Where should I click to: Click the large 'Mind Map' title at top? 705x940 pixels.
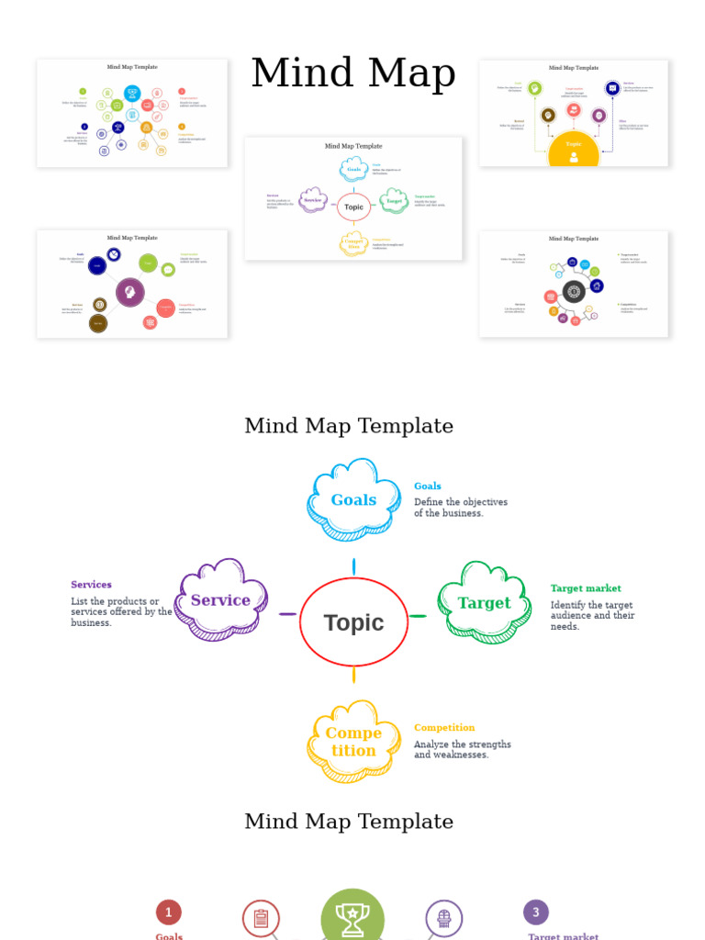(x=353, y=73)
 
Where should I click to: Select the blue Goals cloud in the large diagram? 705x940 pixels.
(x=353, y=500)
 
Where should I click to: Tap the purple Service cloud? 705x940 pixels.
(x=220, y=600)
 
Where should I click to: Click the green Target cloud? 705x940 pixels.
(x=484, y=603)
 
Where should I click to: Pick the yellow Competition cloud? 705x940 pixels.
(x=353, y=742)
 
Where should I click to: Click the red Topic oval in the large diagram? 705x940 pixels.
(x=353, y=622)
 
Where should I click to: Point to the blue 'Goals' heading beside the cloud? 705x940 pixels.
(x=428, y=487)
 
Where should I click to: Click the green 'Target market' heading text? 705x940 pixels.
(x=586, y=588)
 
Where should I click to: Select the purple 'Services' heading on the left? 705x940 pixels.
(x=91, y=585)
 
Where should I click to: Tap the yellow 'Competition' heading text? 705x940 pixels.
(x=444, y=728)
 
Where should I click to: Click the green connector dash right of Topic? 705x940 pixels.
(x=418, y=616)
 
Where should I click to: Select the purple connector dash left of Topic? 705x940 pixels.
(x=287, y=614)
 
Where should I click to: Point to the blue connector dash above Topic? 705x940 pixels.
(x=353, y=566)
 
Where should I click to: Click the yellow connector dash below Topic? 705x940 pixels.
(x=353, y=675)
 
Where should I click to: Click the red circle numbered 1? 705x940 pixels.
(x=168, y=912)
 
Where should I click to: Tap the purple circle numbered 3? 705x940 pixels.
(x=536, y=912)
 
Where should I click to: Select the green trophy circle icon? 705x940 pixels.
(x=352, y=918)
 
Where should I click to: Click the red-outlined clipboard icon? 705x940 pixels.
(x=261, y=919)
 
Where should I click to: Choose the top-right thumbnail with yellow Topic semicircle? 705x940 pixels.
(x=574, y=113)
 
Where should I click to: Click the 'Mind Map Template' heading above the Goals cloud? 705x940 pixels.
(x=349, y=426)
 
